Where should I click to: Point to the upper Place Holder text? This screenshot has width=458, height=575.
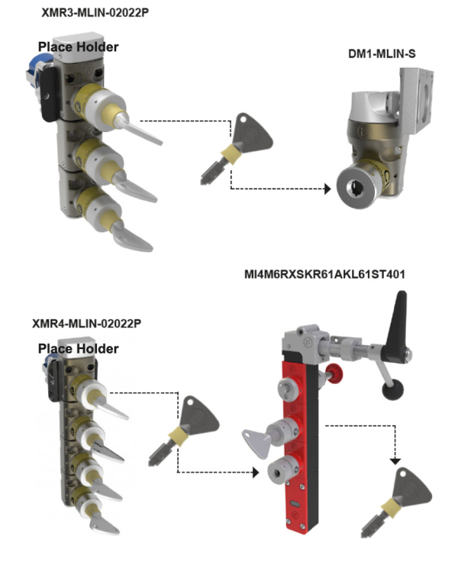tap(79, 47)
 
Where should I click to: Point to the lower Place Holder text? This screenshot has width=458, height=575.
tap(79, 349)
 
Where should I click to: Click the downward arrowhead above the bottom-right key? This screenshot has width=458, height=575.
tap(395, 460)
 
